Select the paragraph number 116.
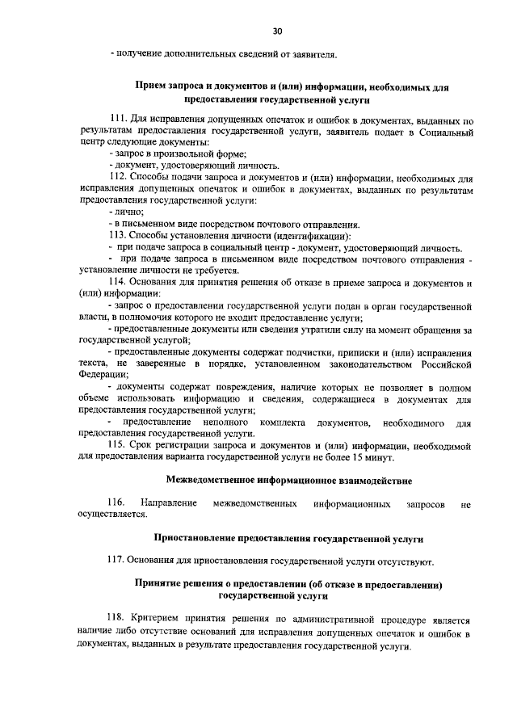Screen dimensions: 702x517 coord(119,503)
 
